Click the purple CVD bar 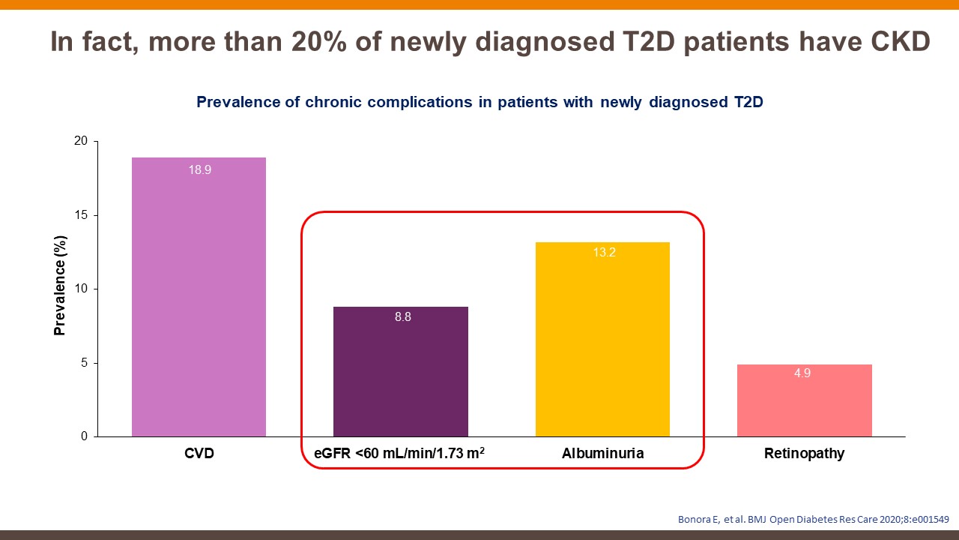click(199, 300)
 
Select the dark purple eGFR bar click(400, 375)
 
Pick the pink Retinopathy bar click(804, 401)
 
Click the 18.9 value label click(199, 170)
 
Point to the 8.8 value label click(403, 317)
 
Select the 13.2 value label click(604, 253)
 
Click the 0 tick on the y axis click(84, 436)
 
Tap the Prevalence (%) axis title click(60, 285)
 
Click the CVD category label click(199, 454)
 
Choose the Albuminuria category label click(602, 454)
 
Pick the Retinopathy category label click(804, 454)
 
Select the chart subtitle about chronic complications click(479, 103)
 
